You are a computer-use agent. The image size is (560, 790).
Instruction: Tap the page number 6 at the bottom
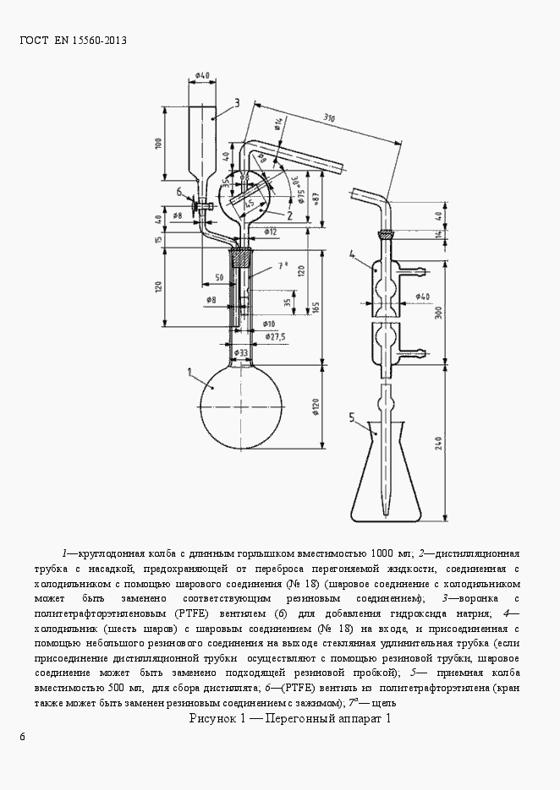[x=23, y=738]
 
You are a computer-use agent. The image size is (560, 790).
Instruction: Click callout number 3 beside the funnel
[x=238, y=103]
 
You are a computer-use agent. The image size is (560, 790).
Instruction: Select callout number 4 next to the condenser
[x=351, y=253]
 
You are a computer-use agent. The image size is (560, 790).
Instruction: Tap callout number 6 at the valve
[x=179, y=193]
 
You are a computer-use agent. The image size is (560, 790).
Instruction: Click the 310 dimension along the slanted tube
[x=332, y=120]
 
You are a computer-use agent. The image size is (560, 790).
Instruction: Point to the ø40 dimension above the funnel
[x=202, y=75]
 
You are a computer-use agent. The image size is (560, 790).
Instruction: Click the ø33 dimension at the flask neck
[x=241, y=351]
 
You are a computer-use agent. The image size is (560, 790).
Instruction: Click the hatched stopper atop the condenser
[x=386, y=234]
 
